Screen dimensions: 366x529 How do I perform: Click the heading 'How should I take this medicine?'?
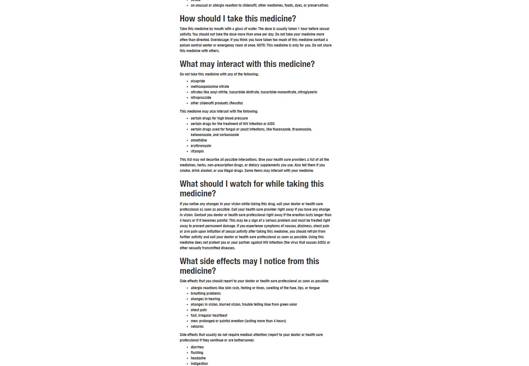pos(238,19)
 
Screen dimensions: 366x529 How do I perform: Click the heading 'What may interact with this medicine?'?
pos(247,64)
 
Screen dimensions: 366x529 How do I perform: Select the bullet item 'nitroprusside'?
pos(201,98)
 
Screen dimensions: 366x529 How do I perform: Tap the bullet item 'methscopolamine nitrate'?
pos(210,87)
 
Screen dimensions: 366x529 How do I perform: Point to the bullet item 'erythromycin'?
pos(201,146)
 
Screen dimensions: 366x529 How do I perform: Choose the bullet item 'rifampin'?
pos(197,151)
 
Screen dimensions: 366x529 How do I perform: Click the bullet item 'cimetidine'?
pos(199,140)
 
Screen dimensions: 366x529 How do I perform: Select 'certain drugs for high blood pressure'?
pos(219,118)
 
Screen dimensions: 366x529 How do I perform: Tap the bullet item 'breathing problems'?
pos(206,294)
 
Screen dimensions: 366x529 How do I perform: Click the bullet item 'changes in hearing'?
pos(205,299)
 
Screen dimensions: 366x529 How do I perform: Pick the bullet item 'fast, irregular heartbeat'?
pos(209,316)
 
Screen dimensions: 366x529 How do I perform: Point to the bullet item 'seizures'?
pos(197,327)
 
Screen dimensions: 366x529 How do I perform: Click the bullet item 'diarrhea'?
pos(197,347)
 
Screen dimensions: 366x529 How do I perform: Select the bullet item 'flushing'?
pos(197,353)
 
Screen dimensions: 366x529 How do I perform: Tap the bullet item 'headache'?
pos(198,358)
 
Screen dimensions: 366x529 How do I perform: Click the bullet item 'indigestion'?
pos(199,364)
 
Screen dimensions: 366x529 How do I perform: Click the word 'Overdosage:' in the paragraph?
pos(220,40)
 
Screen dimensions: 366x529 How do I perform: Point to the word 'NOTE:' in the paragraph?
pos(261,45)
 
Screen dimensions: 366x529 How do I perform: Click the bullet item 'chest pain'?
pos(199,310)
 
